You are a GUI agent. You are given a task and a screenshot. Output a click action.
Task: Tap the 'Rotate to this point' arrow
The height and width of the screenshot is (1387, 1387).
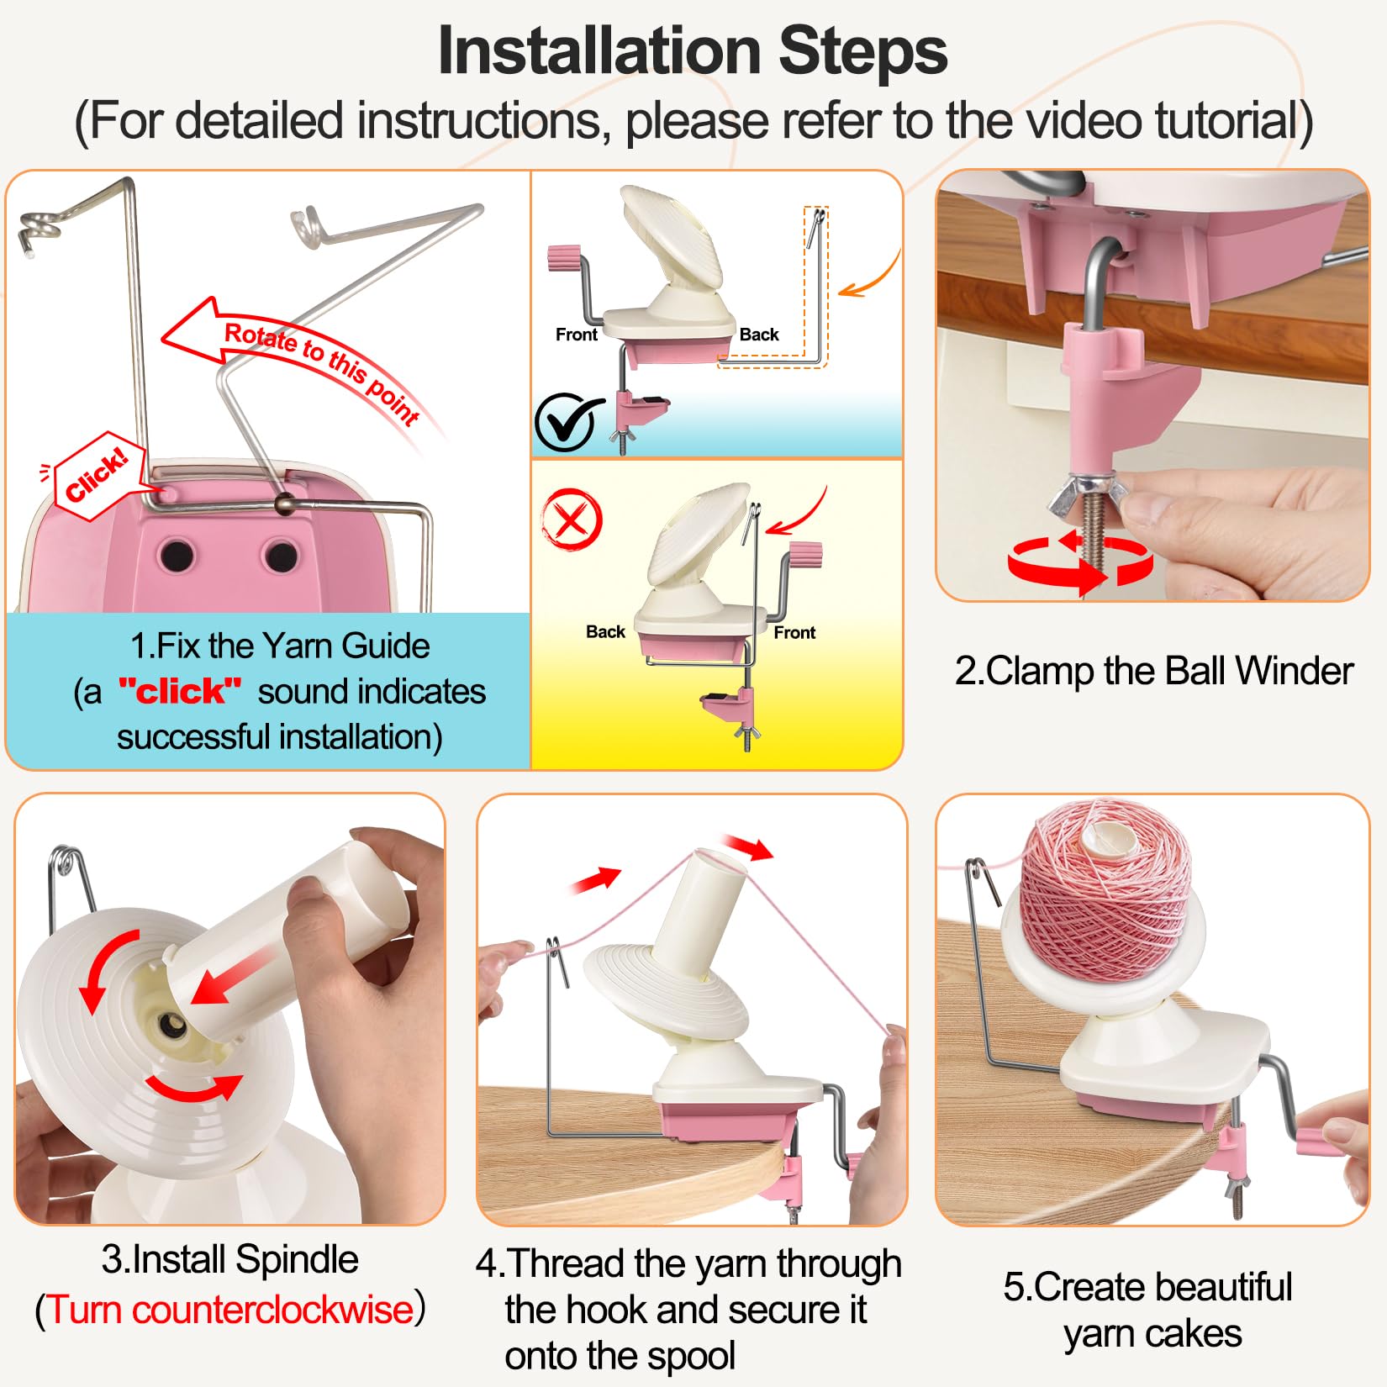pos(294,357)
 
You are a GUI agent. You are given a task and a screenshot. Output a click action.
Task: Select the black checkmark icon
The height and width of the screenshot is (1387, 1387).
pos(569,422)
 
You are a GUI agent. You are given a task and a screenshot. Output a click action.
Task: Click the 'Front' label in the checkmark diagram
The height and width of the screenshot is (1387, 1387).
pos(577,335)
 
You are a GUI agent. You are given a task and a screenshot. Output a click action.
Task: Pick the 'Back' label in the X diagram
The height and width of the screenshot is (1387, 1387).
pos(605,631)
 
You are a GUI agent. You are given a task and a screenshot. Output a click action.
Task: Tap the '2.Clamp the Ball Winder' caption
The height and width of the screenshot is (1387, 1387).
pos(1153,671)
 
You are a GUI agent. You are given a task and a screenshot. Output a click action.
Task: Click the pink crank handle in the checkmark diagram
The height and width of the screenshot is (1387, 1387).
pos(564,258)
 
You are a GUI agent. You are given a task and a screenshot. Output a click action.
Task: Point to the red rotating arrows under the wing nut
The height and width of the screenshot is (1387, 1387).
pos(1080,559)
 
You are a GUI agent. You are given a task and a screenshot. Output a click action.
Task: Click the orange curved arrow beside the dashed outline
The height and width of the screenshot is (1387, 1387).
pos(871,274)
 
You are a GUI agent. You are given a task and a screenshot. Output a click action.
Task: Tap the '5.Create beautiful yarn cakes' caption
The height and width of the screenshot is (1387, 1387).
pos(1148,1311)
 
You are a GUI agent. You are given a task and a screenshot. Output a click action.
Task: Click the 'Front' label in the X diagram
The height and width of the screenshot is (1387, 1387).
pos(794,632)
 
